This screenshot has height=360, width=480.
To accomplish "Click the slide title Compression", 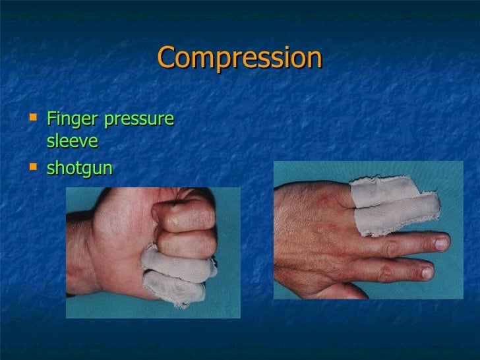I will click(x=239, y=58).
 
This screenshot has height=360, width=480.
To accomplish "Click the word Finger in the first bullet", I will click(x=71, y=120).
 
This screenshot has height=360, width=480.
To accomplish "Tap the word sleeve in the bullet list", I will click(x=73, y=141).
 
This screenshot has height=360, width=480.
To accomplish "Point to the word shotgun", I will click(x=80, y=169).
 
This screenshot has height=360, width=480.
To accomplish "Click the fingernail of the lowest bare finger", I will click(x=427, y=272).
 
